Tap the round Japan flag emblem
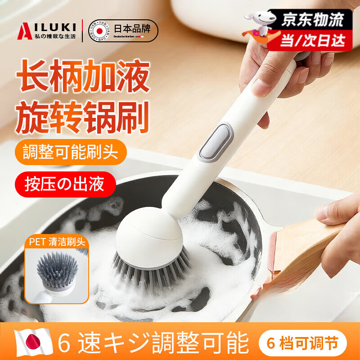pos(99,31)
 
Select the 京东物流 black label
pos(313,19)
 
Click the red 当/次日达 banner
pos(312,40)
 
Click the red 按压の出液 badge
pos(65,184)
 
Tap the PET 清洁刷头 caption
pos(56,240)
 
